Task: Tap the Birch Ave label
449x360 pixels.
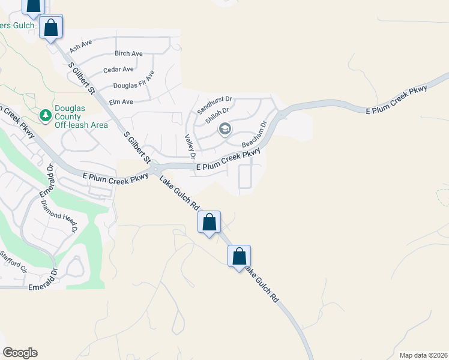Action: (x=128, y=53)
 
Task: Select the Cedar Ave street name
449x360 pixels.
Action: (x=118, y=70)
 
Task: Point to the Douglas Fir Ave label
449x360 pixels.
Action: (x=134, y=80)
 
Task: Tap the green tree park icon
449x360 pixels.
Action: (x=44, y=114)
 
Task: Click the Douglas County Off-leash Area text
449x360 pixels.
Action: (x=81, y=116)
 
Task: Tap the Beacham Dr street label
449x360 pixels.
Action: (x=253, y=135)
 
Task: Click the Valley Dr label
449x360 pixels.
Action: (x=190, y=146)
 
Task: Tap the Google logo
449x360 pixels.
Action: (x=20, y=353)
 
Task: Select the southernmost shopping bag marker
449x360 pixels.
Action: (x=239, y=257)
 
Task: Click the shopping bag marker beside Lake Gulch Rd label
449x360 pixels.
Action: (x=209, y=222)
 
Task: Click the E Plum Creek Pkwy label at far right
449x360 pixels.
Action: (x=397, y=100)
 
